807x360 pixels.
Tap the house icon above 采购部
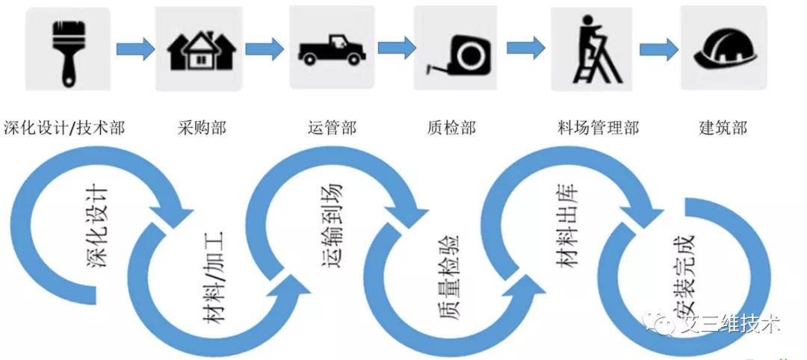click(201, 50)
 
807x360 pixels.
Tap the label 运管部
click(332, 128)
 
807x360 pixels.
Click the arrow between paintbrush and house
click(135, 49)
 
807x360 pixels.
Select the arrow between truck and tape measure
click(396, 49)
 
